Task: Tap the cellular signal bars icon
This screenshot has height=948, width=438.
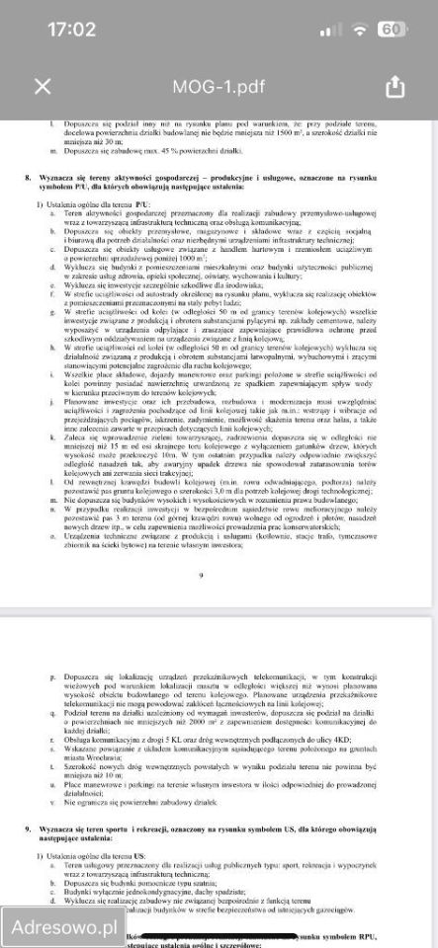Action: pyautogui.click(x=328, y=30)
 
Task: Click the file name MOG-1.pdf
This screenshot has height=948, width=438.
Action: pyautogui.click(x=219, y=86)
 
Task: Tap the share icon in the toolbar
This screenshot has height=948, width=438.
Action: pyautogui.click(x=395, y=86)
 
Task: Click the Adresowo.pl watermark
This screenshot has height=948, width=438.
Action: pyautogui.click(x=61, y=927)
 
